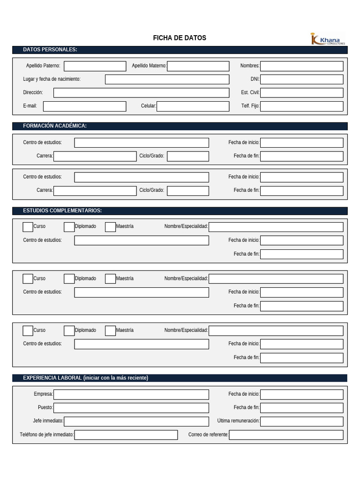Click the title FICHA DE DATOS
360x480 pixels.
[x=180, y=38]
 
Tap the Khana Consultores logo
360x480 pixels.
[x=327, y=39]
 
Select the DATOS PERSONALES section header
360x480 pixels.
[x=50, y=50]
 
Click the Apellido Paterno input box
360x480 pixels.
[x=95, y=66]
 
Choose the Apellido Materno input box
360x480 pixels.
[x=198, y=66]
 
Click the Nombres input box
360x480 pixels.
[x=301, y=66]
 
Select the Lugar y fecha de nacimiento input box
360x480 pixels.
[x=167, y=79]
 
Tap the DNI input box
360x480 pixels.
[x=301, y=79]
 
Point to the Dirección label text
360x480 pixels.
[x=33, y=93]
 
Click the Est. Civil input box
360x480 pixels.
[x=301, y=93]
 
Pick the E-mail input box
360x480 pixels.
[x=84, y=106]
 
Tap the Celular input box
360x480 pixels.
[x=193, y=106]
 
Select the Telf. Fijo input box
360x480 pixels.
[x=301, y=106]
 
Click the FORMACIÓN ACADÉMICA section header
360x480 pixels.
[x=55, y=126]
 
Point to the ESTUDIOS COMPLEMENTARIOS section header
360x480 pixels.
[x=62, y=211]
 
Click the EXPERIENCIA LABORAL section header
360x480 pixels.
[x=85, y=378]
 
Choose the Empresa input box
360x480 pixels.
[x=131, y=395]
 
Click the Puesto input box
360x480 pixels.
[x=131, y=408]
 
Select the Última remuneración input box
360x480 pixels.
[x=301, y=421]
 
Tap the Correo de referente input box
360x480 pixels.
[x=286, y=435]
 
